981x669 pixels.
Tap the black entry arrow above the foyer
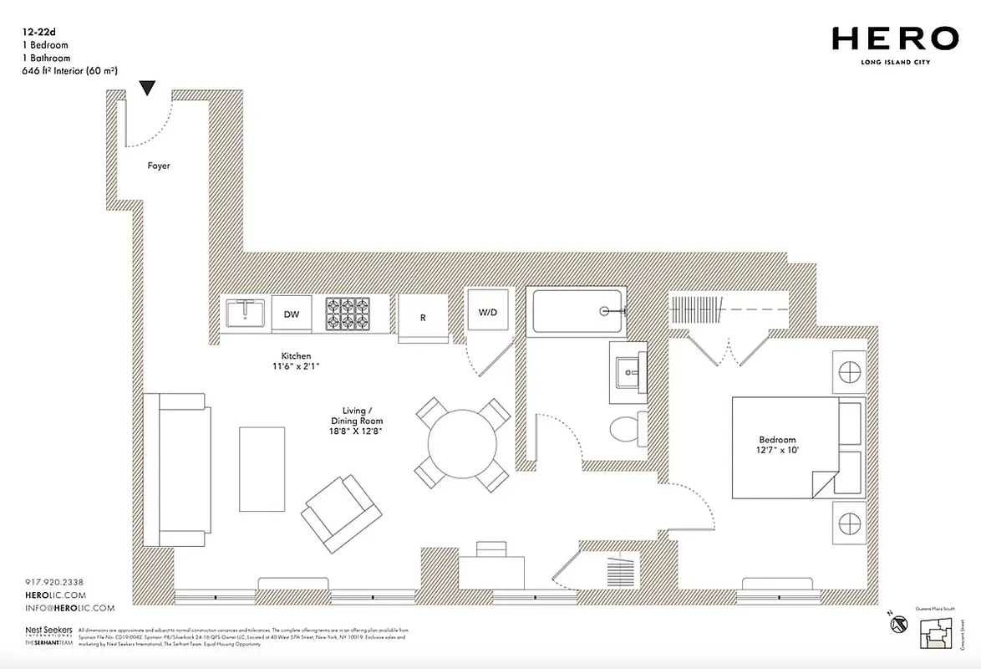(x=148, y=88)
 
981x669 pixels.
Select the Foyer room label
(x=159, y=166)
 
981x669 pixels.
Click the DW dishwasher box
(x=292, y=314)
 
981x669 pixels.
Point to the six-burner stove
(x=347, y=314)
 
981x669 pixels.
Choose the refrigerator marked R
(x=423, y=318)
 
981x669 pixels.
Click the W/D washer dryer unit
(x=487, y=313)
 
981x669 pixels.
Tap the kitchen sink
(x=245, y=314)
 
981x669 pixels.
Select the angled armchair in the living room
(x=341, y=514)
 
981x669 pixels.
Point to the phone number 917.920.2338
(x=55, y=582)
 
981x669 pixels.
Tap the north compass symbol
(x=898, y=624)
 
